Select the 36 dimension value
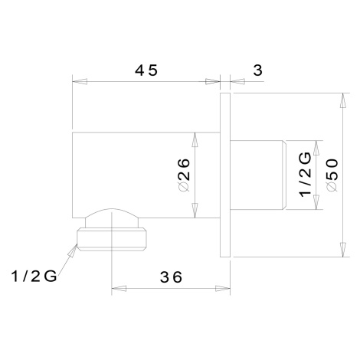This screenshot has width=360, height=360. coord(171,277)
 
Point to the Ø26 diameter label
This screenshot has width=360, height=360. coord(185,175)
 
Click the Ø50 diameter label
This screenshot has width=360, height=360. coord(332,175)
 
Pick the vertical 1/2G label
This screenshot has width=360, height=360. coord(306,175)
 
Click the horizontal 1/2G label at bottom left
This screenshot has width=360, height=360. coord(34,276)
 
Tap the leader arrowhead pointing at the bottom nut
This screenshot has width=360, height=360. coord(72,249)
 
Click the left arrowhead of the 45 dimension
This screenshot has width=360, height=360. coord(80,82)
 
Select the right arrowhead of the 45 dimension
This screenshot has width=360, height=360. coord(213,82)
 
